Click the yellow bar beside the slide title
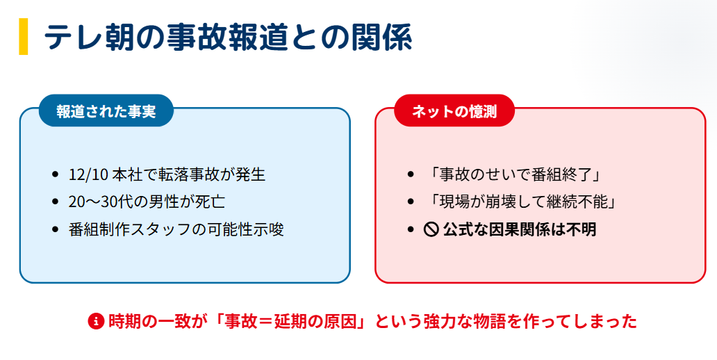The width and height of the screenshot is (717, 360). point(24,37)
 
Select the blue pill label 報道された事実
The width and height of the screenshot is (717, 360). point(106,111)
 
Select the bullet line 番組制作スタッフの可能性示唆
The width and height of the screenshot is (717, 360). point(176,229)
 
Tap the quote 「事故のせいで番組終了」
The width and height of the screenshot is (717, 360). point(515,174)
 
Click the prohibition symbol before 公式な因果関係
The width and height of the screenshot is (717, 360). point(431,229)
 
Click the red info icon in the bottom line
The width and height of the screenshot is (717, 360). point(96,322)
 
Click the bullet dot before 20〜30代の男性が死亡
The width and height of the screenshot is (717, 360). point(56,202)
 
